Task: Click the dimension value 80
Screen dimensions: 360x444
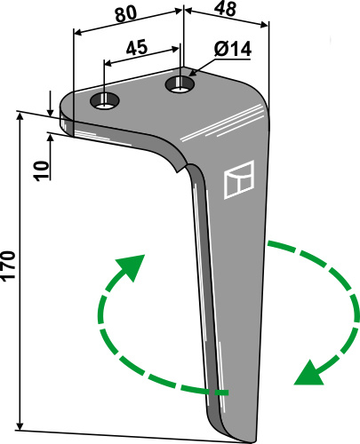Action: point(126,14)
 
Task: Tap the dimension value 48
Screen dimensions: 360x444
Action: point(226,9)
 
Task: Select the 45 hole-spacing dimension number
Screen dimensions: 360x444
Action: point(137,48)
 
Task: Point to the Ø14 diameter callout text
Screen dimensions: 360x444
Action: point(233,49)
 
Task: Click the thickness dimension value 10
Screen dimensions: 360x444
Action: point(41,170)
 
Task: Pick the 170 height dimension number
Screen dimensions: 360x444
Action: point(8,266)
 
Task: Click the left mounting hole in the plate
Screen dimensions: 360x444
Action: point(105,101)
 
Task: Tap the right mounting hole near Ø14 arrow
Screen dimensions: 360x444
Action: point(180,84)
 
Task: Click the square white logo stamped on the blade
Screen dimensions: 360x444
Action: point(239,179)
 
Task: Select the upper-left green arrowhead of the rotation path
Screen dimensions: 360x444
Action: point(132,266)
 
